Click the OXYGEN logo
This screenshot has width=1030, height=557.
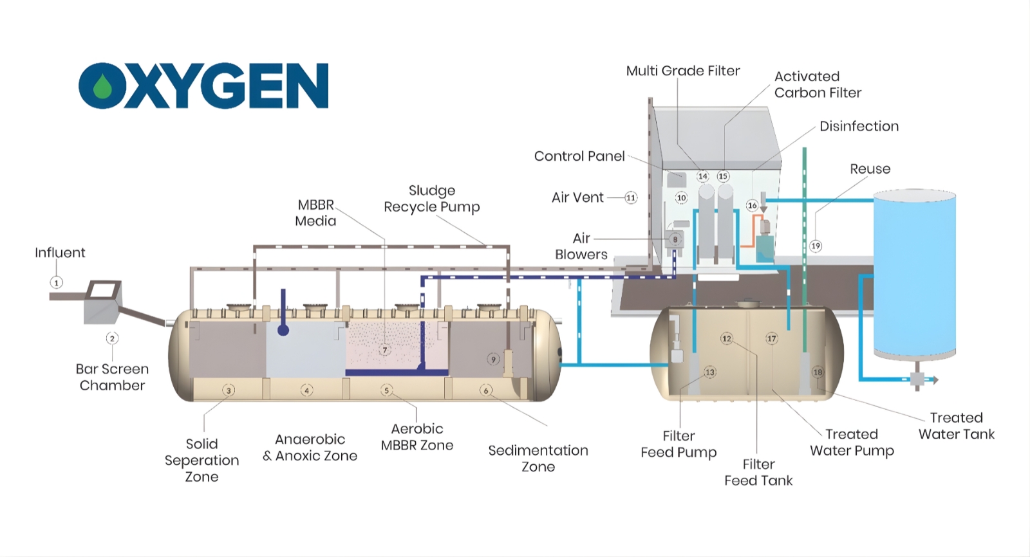(x=203, y=86)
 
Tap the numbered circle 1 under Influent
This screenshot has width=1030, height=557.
(x=57, y=282)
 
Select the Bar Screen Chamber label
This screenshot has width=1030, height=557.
(x=112, y=377)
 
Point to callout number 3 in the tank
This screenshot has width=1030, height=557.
(x=228, y=390)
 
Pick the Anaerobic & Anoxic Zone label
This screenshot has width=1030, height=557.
(x=310, y=448)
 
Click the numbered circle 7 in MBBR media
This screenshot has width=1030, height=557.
(x=384, y=350)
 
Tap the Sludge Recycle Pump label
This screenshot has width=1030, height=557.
(x=432, y=199)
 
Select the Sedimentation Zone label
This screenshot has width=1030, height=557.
(x=538, y=459)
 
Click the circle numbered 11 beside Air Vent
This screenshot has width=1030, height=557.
(x=631, y=197)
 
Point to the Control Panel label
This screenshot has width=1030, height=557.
(x=579, y=156)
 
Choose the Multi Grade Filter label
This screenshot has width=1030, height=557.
(x=683, y=71)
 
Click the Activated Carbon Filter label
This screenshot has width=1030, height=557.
(x=817, y=84)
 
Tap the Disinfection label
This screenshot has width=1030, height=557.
(x=859, y=126)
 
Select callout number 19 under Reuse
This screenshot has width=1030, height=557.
(x=816, y=246)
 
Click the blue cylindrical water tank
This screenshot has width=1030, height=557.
(x=914, y=273)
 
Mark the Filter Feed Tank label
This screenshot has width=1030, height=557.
(x=758, y=472)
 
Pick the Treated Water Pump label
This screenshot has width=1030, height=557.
(x=852, y=443)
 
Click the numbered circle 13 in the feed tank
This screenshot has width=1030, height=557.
(x=709, y=372)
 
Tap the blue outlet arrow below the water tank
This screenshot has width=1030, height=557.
(x=932, y=380)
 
